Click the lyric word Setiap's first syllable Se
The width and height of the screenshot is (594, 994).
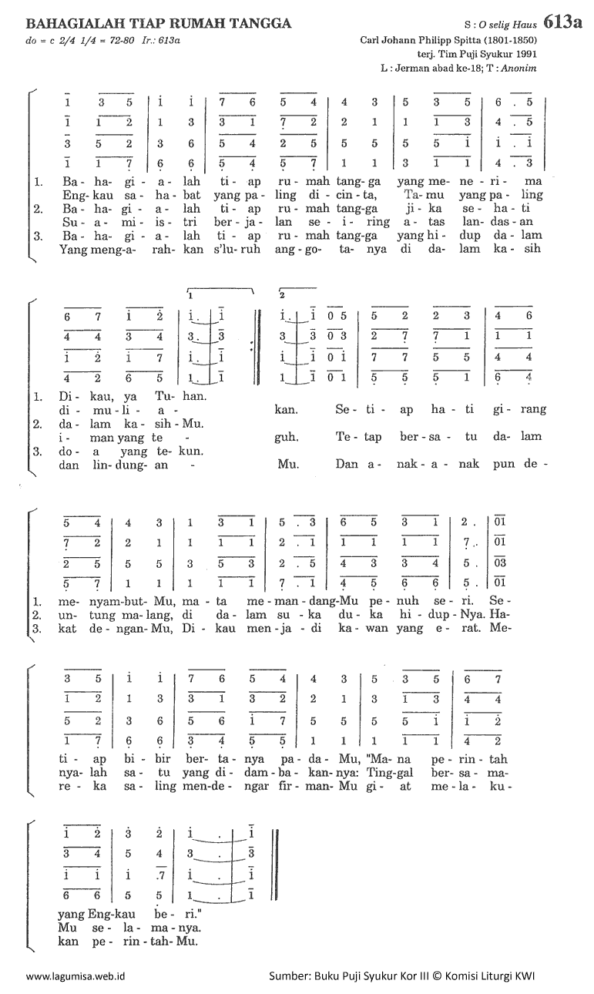point(341,409)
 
